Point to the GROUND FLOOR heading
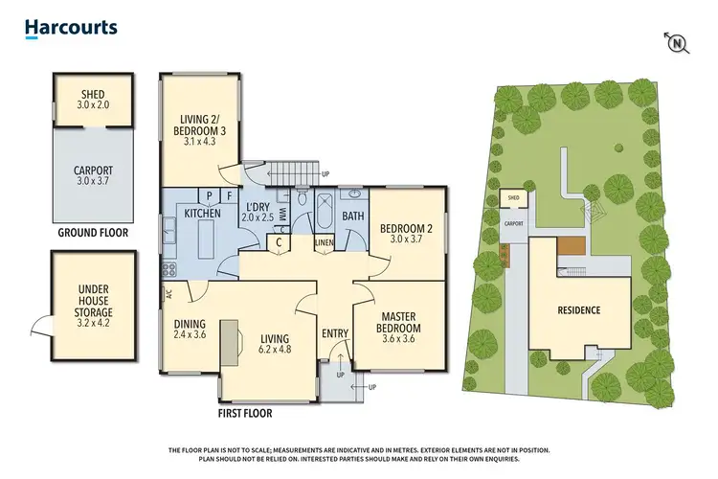[x=93, y=232]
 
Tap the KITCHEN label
[x=203, y=213]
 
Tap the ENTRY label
[x=335, y=332]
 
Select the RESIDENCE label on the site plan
[x=578, y=309]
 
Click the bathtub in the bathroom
[x=324, y=211]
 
